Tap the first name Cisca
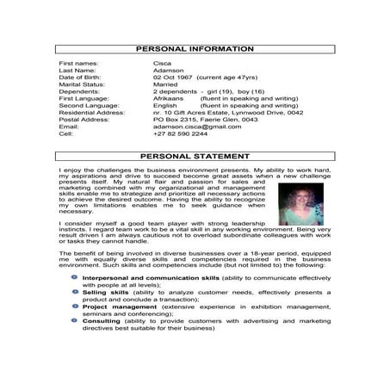pyautogui.click(x=160, y=64)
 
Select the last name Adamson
pyautogui.click(x=167, y=71)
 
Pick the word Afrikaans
pyautogui.click(x=167, y=99)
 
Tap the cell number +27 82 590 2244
pyautogui.click(x=180, y=133)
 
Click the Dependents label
pyautogui.click(x=79, y=91)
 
